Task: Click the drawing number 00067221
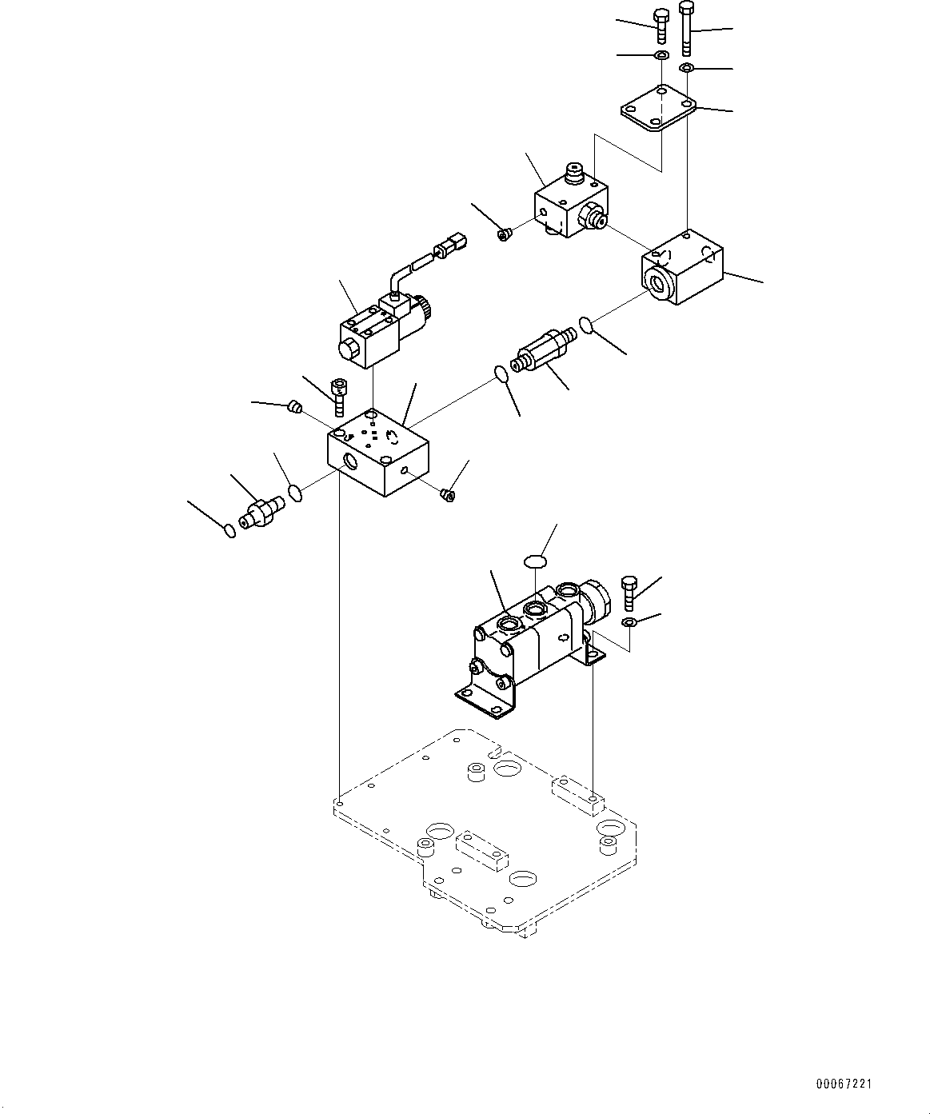click(844, 1084)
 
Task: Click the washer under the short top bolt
click(661, 55)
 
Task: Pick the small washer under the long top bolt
click(686, 67)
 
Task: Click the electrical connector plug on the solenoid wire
click(450, 242)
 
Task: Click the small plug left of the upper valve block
click(503, 234)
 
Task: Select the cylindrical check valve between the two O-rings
click(544, 351)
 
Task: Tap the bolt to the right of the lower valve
click(629, 593)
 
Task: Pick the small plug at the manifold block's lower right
click(447, 496)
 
